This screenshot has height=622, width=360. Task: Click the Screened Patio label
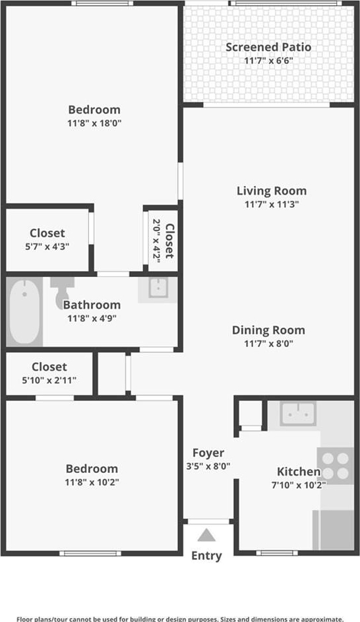[x=268, y=47]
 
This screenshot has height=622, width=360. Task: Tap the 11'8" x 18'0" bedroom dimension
[x=94, y=123]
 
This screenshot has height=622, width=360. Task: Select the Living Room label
[x=272, y=191]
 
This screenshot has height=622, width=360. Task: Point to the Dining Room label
[x=268, y=330]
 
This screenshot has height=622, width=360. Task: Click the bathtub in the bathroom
[x=24, y=311]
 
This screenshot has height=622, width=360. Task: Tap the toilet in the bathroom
[x=62, y=290]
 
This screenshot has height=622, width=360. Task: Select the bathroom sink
[x=158, y=288]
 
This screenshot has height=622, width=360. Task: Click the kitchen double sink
[x=298, y=414]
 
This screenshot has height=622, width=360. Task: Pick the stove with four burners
[x=336, y=466]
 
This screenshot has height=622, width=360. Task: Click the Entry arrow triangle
[x=206, y=536]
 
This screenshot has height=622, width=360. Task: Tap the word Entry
[x=206, y=556]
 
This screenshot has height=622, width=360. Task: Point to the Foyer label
[x=208, y=452]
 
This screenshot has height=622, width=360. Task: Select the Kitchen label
[x=299, y=472]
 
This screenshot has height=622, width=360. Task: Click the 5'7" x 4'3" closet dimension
[x=47, y=247]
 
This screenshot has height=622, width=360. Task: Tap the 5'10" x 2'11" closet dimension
[x=49, y=381]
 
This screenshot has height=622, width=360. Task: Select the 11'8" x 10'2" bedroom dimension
[x=92, y=482]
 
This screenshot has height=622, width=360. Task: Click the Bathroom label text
[x=92, y=305]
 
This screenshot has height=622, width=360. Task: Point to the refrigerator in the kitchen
[x=333, y=530]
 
